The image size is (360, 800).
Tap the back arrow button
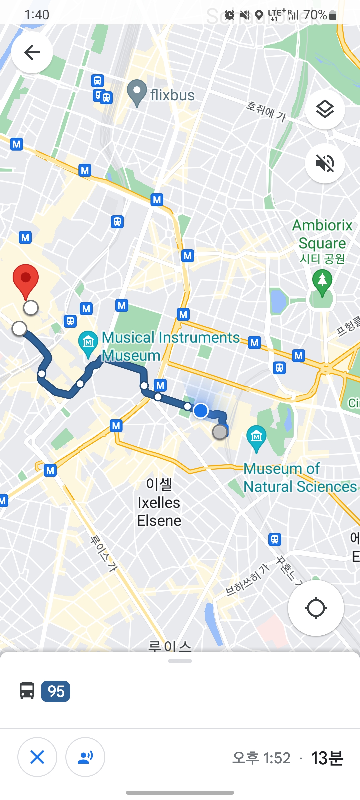pos(32,52)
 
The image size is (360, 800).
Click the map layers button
pos(325,109)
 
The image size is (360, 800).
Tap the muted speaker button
pos(325,163)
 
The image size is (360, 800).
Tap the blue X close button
pos(37,757)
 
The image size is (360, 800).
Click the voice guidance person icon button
pos(85,757)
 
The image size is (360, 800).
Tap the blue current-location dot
pos(201,410)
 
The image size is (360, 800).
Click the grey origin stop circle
pos(220,432)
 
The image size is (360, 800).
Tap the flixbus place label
pos(172,95)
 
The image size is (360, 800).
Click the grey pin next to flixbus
pos(137,92)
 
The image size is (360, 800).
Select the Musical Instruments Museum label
pos(170,346)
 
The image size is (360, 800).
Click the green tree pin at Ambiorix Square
pos(322,282)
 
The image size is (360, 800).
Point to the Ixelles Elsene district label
pos(159,503)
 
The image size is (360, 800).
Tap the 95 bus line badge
pos(56,691)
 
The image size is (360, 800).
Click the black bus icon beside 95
pos(27,691)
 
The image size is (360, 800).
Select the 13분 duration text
pos(327,758)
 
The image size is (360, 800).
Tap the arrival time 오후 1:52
pos(261,758)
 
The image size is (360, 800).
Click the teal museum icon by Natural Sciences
pos(256,437)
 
